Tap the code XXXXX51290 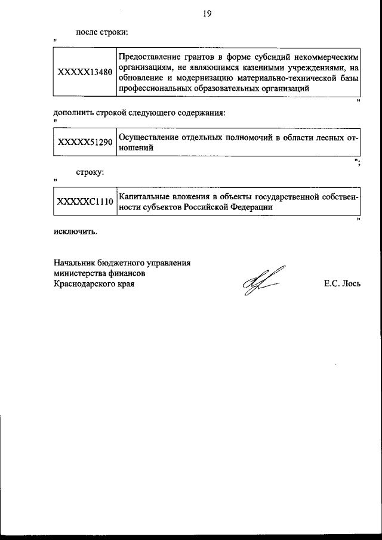pyautogui.click(x=84, y=143)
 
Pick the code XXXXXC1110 pyautogui.click(x=84, y=202)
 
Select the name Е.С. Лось pyautogui.click(x=342, y=284)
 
